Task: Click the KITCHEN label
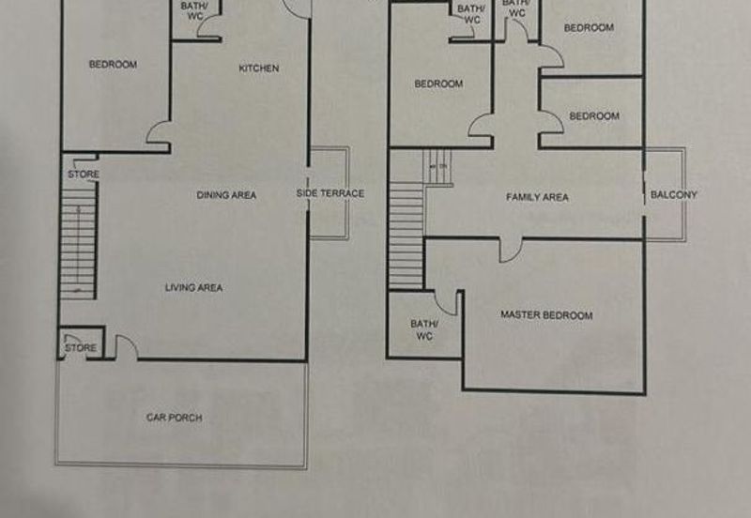pos(258,69)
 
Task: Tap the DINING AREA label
pos(226,195)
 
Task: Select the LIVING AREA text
pos(193,287)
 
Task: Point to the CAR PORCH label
pos(174,418)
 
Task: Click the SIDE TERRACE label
pos(330,194)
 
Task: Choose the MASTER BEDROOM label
pos(546,315)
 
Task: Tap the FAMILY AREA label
pos(538,197)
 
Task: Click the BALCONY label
pos(674,195)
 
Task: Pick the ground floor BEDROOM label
pos(113,65)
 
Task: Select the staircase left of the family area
pos(406,235)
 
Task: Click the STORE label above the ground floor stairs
pos(83,175)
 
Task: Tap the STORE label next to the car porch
pos(81,348)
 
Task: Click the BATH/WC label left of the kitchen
pos(196,11)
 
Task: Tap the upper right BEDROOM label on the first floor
pos(589,28)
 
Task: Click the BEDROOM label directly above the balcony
pos(594,116)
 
